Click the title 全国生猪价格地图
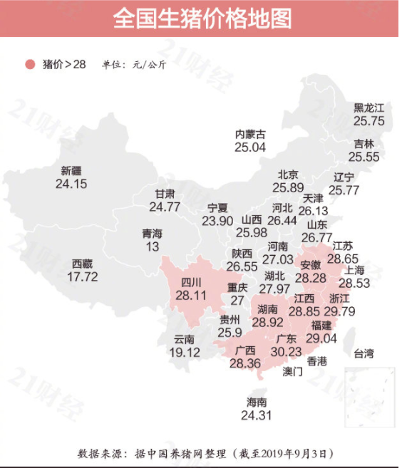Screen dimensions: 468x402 pos(202,19)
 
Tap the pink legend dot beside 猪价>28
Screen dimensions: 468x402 pos(30,64)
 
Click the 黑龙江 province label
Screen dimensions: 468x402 pos(368,108)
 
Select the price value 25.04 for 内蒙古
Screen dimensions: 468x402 pos(249,147)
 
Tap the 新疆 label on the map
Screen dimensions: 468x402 pos(71,171)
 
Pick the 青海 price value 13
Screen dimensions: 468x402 pos(153,246)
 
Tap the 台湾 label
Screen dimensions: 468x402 pos(364,353)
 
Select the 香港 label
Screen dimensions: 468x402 pos(317,362)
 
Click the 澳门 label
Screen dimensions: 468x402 pos(293,371)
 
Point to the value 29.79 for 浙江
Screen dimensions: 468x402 pos(339,311)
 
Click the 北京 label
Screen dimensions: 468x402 pos(288,175)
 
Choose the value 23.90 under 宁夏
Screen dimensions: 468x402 pos(217,221)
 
